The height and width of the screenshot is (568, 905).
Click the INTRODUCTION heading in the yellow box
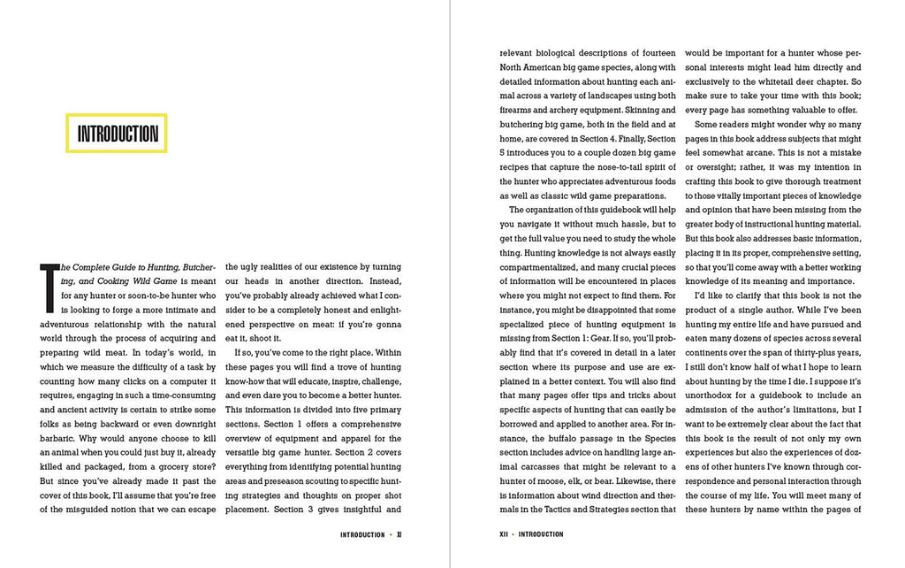[x=118, y=134]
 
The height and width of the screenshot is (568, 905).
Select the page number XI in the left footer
[x=399, y=534]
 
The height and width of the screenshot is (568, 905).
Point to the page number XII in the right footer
[x=505, y=534]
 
